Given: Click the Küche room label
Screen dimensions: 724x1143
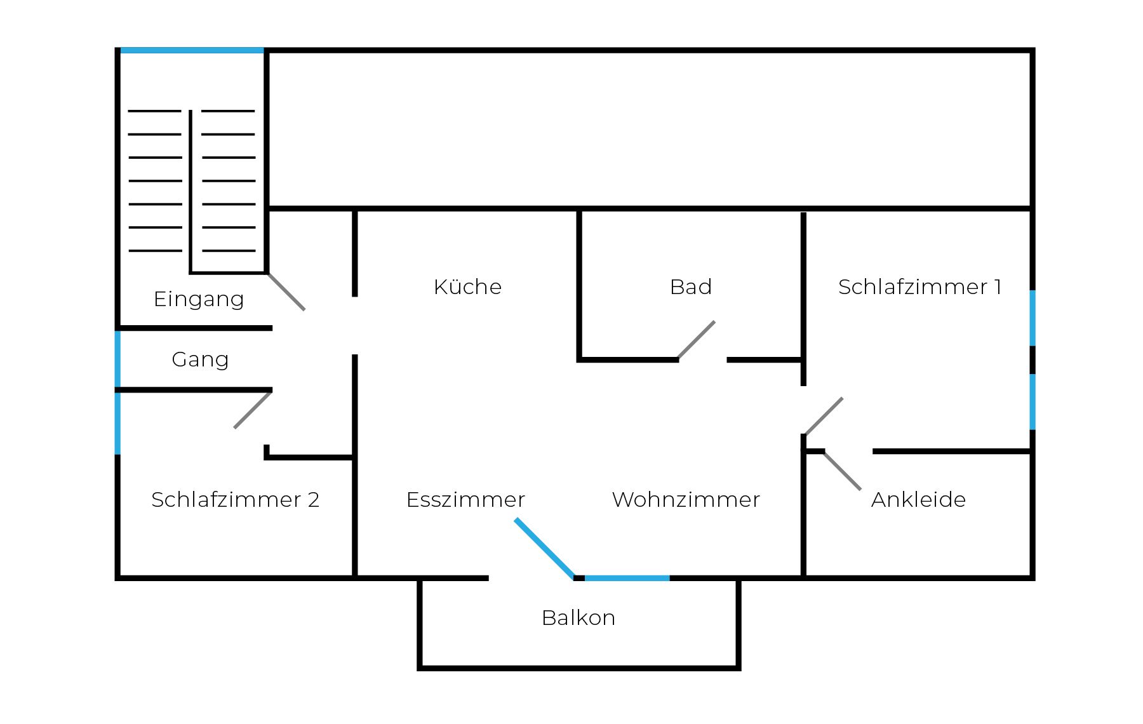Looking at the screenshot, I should tap(467, 287).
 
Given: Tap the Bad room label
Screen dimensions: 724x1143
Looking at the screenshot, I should tap(690, 287).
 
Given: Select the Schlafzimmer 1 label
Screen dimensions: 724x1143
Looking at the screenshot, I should tap(919, 287).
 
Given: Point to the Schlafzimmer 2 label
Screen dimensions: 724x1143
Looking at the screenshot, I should tap(235, 500).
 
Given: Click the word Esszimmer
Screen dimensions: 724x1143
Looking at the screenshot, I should tap(465, 500).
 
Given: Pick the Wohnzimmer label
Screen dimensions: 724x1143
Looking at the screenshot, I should tap(685, 500).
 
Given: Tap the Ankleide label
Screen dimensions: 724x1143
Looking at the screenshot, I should tap(918, 500).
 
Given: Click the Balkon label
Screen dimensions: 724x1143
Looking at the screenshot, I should tap(578, 618).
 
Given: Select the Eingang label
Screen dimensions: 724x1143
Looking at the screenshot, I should tap(199, 299).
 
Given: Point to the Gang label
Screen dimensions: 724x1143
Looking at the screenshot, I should tap(200, 359).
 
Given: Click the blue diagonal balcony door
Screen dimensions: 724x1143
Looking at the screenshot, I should tap(544, 548).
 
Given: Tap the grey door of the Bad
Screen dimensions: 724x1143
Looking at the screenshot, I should tap(697, 340).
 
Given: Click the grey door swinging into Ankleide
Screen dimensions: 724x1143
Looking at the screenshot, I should tap(842, 471).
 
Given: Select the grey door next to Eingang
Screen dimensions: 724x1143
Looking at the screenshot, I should tap(286, 292).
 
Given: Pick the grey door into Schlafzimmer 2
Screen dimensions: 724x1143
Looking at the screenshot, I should tap(253, 410).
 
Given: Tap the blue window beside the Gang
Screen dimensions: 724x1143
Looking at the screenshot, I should tap(117, 359).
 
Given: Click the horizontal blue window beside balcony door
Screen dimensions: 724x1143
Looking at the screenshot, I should tap(627, 578).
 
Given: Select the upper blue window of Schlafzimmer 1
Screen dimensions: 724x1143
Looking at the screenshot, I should tap(1033, 318).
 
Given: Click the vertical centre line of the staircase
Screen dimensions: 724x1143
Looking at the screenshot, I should tap(190, 191).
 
